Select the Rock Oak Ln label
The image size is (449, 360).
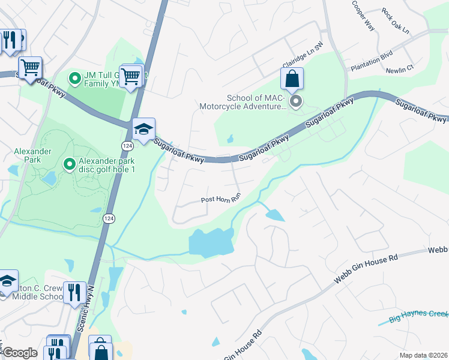[395, 13]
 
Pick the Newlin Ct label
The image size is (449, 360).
[400, 69]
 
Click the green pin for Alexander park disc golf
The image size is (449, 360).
[70, 164]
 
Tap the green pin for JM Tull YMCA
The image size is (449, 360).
[75, 78]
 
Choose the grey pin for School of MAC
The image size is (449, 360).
[295, 102]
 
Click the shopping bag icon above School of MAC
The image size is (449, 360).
[292, 78]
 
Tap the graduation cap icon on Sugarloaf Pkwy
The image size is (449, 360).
[144, 129]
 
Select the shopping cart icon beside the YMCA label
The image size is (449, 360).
[130, 76]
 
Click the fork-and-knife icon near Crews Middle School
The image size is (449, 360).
[74, 292]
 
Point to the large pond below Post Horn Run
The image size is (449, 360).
[211, 243]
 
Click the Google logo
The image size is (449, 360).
[20, 353]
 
